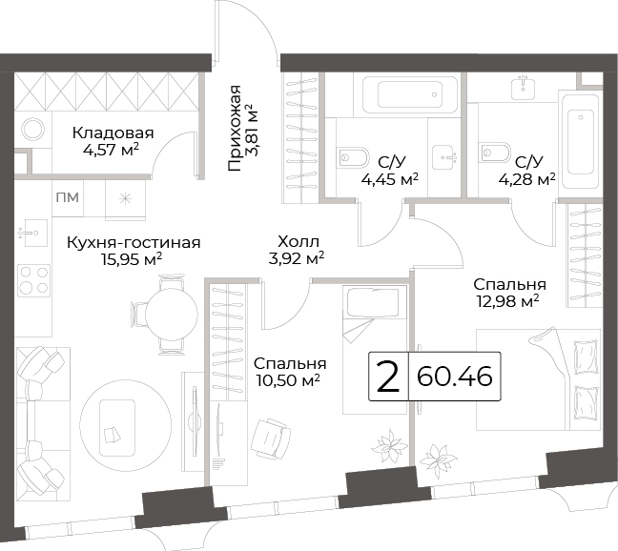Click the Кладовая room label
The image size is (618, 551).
(113, 133)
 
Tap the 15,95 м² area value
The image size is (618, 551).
(132, 259)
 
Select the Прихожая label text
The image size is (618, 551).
(235, 128)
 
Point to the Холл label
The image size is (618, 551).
(298, 241)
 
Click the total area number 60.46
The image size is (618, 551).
(454, 377)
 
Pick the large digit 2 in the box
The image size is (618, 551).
(388, 377)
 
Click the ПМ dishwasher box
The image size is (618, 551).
(68, 197)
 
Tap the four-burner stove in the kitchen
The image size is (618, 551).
(34, 280)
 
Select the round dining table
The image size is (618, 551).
(172, 315)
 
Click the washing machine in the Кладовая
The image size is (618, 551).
(33, 130)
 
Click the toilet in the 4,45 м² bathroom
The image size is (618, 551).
(353, 157)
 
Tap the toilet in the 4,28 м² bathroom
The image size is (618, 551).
(495, 152)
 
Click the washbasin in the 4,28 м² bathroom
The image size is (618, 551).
(523, 88)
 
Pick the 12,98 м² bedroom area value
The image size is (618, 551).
(507, 302)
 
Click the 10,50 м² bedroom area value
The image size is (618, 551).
(288, 380)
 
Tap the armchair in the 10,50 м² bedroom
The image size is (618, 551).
(271, 439)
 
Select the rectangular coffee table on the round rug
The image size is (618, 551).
(117, 426)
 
